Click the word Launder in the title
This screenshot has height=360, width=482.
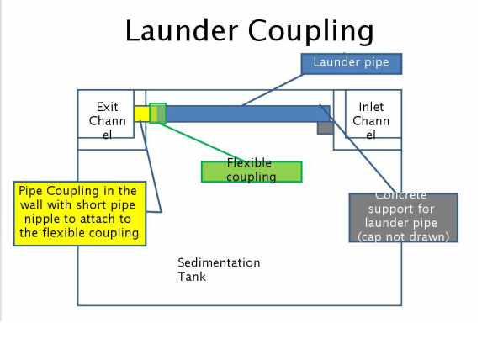[182, 30]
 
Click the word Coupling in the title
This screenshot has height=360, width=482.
[310, 31]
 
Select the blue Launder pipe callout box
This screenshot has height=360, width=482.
[352, 64]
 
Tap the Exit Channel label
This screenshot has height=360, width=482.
[108, 121]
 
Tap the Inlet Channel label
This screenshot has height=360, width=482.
[371, 121]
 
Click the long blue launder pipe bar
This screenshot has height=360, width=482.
[248, 114]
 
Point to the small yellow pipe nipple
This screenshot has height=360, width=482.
[141, 114]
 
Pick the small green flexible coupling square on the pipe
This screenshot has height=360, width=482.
[157, 114]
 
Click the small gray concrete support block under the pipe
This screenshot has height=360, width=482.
[326, 128]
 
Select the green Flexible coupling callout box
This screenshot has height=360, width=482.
[252, 172]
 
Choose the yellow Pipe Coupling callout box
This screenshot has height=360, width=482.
[80, 214]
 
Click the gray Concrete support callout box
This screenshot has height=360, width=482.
[403, 218]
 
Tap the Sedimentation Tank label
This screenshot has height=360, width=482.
[219, 270]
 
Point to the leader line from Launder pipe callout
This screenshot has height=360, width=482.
[273, 90]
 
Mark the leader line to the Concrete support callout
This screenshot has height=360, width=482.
[358, 149]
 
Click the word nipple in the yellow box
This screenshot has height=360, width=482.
[41, 219]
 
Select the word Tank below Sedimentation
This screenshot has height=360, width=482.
[192, 277]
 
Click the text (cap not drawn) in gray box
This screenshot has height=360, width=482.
[403, 236]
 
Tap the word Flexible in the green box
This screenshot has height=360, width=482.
[249, 162]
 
